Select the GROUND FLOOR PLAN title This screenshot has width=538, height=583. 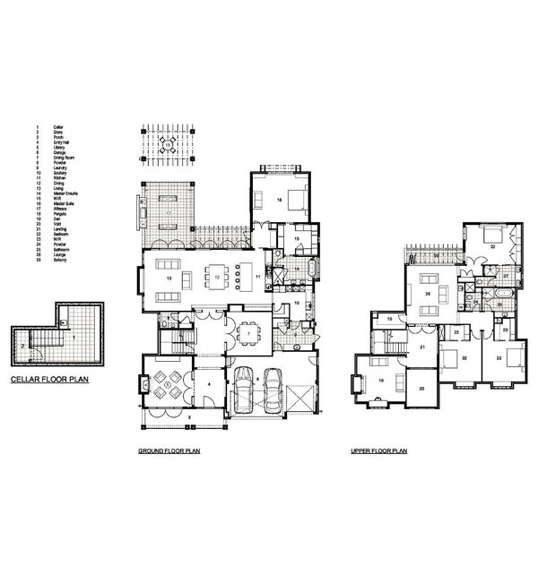click(169, 452)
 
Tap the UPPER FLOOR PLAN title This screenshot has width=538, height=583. click(378, 452)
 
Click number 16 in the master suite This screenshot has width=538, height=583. click(280, 201)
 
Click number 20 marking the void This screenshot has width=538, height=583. click(422, 387)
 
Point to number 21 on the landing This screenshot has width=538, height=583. click(422, 347)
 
